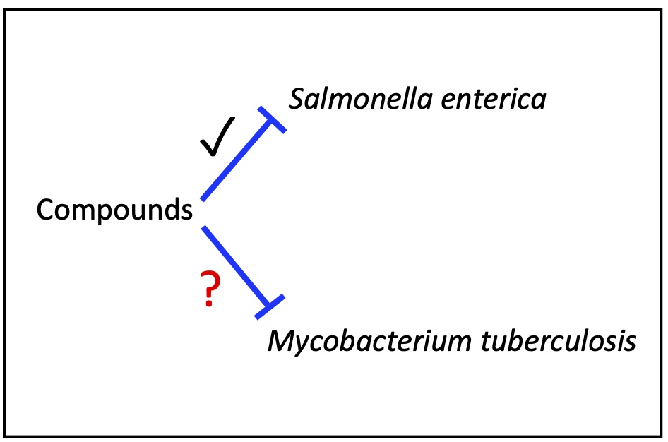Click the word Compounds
pos(114,210)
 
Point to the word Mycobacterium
pos(369,341)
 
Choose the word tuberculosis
pos(559,341)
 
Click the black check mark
pos(217,136)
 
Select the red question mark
pos(210,288)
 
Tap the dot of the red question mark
pos(209,303)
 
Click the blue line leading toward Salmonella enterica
pos(236,162)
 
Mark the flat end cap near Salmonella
pos(272,119)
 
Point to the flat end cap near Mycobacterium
pos(270,306)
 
